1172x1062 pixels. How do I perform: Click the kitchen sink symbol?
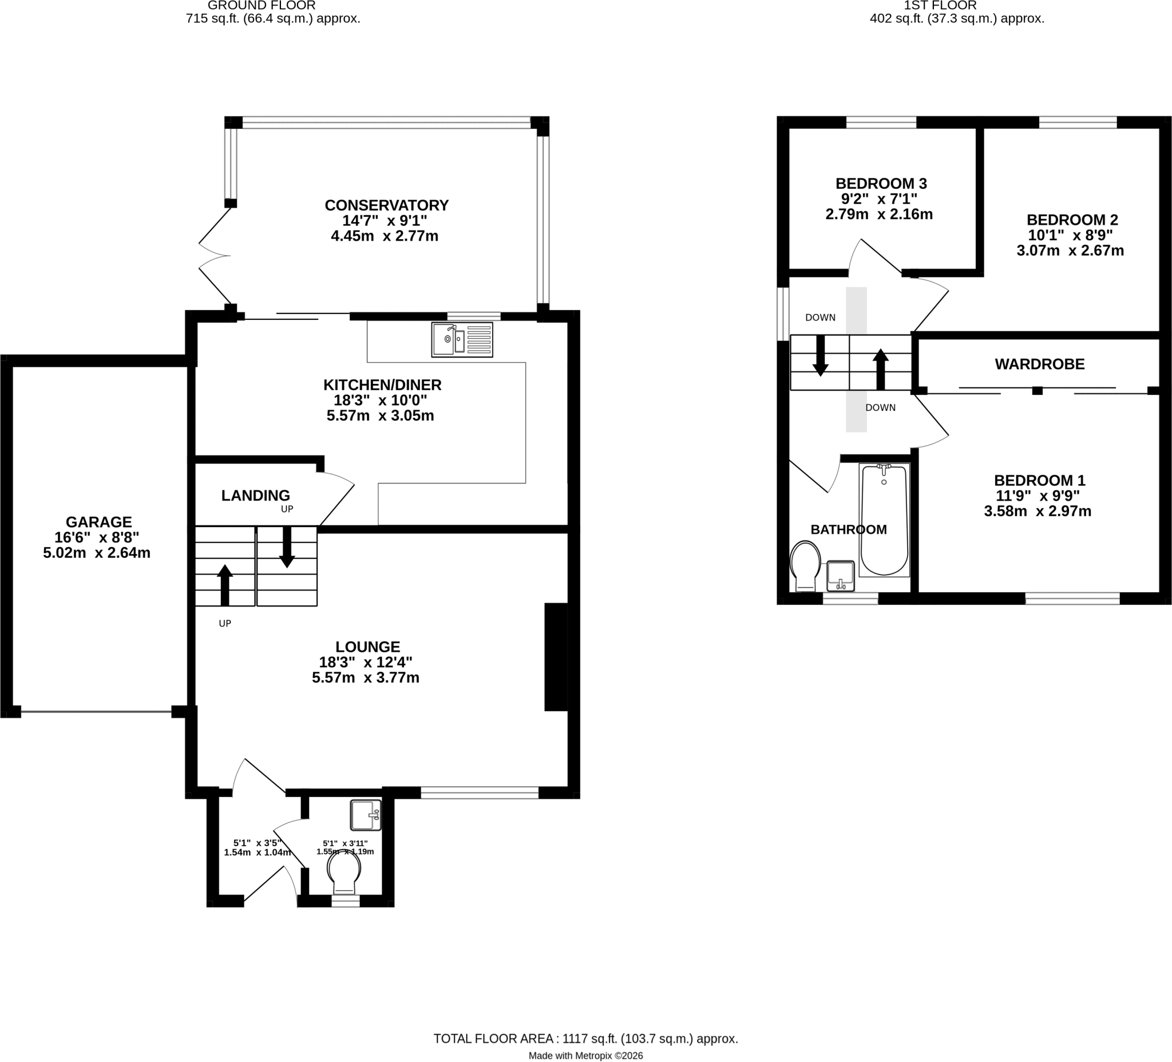(462, 339)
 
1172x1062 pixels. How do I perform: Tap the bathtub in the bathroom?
(884, 520)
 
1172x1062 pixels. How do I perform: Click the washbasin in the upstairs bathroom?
(840, 576)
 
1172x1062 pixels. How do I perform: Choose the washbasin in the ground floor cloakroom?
(366, 815)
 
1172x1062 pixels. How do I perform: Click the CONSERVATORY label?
(387, 205)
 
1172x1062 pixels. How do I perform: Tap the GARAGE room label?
(99, 522)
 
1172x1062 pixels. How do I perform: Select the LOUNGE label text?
(367, 647)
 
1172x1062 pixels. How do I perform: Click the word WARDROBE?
(1039, 364)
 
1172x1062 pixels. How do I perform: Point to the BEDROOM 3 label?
(881, 184)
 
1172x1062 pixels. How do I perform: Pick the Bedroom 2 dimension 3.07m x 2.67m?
(1070, 251)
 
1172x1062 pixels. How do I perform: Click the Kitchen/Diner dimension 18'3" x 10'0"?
(380, 401)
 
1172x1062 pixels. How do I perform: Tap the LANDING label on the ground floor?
(256, 496)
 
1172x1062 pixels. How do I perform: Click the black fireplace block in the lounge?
(556, 657)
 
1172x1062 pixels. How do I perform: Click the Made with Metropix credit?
(586, 1056)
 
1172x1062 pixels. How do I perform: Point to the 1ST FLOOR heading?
(940, 5)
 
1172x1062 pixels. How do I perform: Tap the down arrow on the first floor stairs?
(820, 355)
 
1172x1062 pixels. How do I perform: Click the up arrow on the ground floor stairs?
(224, 585)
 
